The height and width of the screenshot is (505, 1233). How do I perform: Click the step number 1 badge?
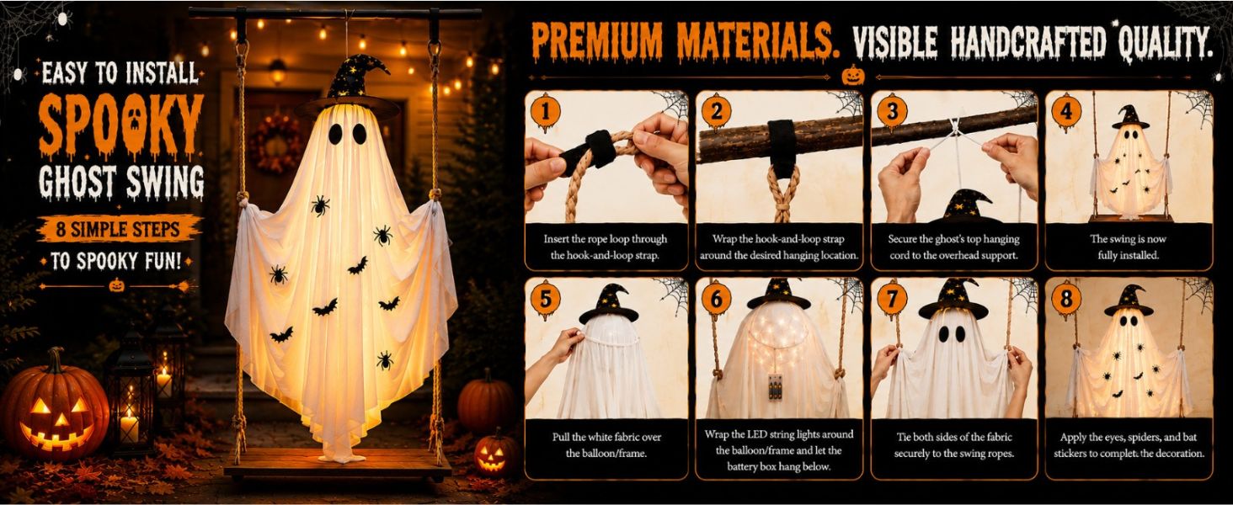click(546, 112)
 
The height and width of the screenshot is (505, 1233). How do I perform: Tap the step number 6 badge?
click(716, 300)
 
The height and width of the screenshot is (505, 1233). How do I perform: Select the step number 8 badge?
click(1066, 300)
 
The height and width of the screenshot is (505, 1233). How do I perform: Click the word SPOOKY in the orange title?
click(121, 126)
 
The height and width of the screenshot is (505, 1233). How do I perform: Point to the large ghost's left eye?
click(335, 134)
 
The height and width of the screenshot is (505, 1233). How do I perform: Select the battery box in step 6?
click(775, 386)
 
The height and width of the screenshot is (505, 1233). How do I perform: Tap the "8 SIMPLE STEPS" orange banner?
click(118, 230)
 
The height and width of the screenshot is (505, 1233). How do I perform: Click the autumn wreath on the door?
click(275, 144)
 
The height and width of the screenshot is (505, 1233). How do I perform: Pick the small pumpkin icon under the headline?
click(852, 76)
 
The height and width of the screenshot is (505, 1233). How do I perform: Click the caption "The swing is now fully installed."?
click(1128, 247)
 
